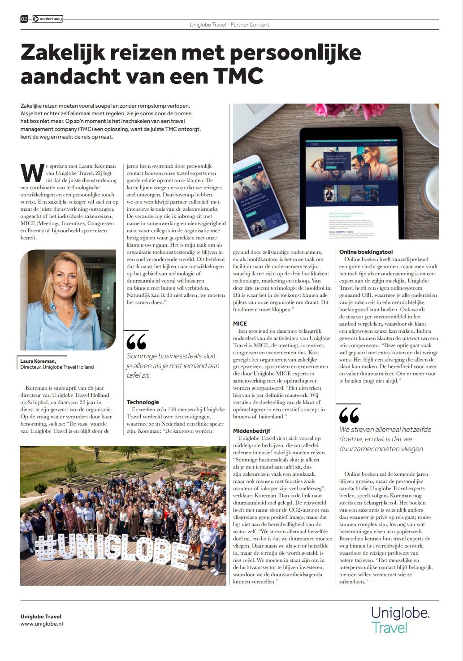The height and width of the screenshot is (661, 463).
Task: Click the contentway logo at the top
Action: pos(47,19)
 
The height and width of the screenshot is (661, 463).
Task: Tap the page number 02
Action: pos(24,19)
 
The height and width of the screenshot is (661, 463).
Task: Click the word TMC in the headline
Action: pos(238,76)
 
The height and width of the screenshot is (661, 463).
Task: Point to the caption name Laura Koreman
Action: pos(38,361)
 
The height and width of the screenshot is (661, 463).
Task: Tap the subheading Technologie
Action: pos(143,402)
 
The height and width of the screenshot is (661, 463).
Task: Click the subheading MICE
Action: pos(240,323)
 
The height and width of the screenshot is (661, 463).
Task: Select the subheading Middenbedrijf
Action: pos(251,431)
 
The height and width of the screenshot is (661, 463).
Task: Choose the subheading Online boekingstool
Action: pos(366,252)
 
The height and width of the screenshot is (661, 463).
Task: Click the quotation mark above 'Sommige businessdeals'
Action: pos(136,341)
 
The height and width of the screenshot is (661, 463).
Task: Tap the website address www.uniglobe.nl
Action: pos(42,624)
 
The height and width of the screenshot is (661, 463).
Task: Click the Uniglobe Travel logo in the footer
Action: pos(400,619)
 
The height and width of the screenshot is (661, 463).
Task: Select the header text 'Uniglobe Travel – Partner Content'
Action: pos(229,25)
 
